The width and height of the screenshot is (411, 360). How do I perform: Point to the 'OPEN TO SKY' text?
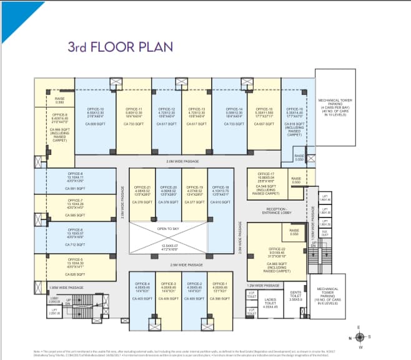[169, 229]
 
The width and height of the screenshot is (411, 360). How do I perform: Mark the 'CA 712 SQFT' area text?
[76, 244]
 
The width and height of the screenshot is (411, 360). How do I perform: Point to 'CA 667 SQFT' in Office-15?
[264, 124]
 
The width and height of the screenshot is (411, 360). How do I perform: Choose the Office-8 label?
[76, 176]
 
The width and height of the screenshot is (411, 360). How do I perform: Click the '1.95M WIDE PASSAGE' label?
[66, 287]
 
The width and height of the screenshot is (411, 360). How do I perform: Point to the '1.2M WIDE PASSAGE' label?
[263, 285]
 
